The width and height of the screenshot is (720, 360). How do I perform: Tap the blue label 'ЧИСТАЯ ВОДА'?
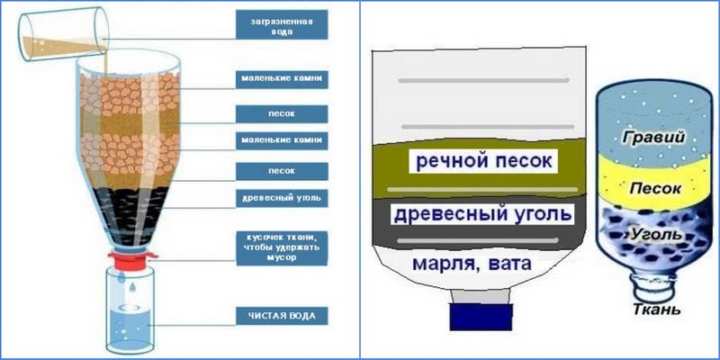[x=279, y=316]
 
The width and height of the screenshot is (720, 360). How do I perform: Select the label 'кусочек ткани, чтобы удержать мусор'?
[x=279, y=245]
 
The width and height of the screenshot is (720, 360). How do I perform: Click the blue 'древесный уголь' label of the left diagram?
[x=279, y=198]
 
